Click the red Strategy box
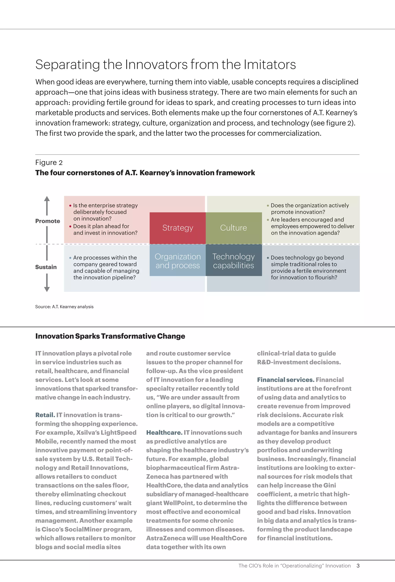click(x=178, y=228)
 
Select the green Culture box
click(x=233, y=228)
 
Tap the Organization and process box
click(x=178, y=261)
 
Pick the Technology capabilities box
click(x=233, y=261)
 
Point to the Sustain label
click(x=46, y=267)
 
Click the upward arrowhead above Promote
click(x=47, y=199)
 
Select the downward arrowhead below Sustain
click(x=47, y=289)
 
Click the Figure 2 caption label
click(x=49, y=163)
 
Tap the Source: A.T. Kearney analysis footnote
click(x=64, y=307)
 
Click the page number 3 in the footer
click(x=358, y=566)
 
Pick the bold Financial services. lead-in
click(x=285, y=380)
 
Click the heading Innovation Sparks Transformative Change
click(x=110, y=336)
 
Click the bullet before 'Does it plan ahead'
click(x=70, y=226)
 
